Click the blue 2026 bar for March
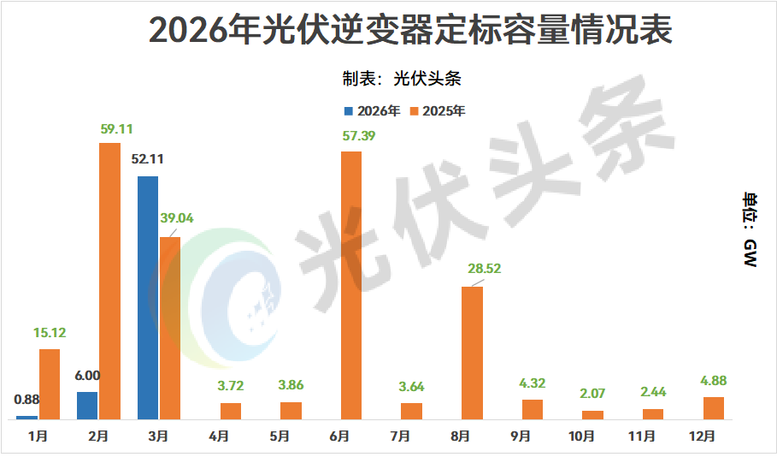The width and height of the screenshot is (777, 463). [x=147, y=297]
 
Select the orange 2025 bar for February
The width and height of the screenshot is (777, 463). [x=109, y=281]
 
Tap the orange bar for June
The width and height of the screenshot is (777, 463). [x=351, y=285]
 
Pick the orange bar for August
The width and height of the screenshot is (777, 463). [x=473, y=353]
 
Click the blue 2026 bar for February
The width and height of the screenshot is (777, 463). [x=87, y=406]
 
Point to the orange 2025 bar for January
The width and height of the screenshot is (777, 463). [x=50, y=383]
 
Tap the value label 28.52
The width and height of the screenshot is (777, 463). [x=484, y=268]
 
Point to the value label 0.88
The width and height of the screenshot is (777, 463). [x=27, y=398]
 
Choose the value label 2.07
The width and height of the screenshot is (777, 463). [x=592, y=394]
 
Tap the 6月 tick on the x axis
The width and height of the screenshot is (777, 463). [x=339, y=436]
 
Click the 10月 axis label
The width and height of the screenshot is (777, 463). [x=581, y=436]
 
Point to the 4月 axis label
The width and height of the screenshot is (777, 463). [x=218, y=436]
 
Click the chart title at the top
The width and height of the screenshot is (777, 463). [x=410, y=30]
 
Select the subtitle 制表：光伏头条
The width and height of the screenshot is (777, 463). [x=402, y=79]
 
